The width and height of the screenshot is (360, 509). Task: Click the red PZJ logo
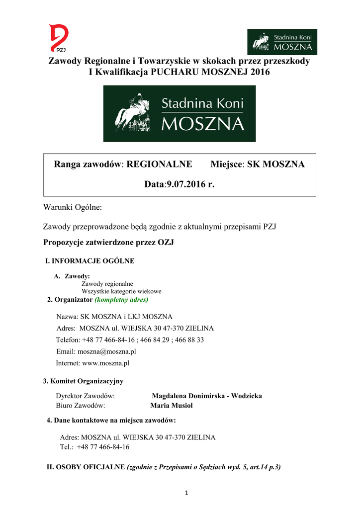click(x=59, y=39)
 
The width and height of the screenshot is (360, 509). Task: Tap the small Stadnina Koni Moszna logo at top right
click(x=282, y=42)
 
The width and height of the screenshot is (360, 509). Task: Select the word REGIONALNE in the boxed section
click(x=160, y=165)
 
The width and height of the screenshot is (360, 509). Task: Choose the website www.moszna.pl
click(x=105, y=363)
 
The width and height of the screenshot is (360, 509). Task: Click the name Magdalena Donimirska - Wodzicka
click(x=207, y=396)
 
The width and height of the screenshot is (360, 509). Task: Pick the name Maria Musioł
click(x=172, y=405)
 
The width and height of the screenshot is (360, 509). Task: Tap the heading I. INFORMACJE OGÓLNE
click(x=90, y=260)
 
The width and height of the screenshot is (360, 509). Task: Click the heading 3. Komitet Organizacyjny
click(x=83, y=381)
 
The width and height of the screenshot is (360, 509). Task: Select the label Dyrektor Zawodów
click(x=86, y=396)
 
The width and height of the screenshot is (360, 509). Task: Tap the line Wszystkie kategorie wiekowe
click(x=121, y=291)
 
